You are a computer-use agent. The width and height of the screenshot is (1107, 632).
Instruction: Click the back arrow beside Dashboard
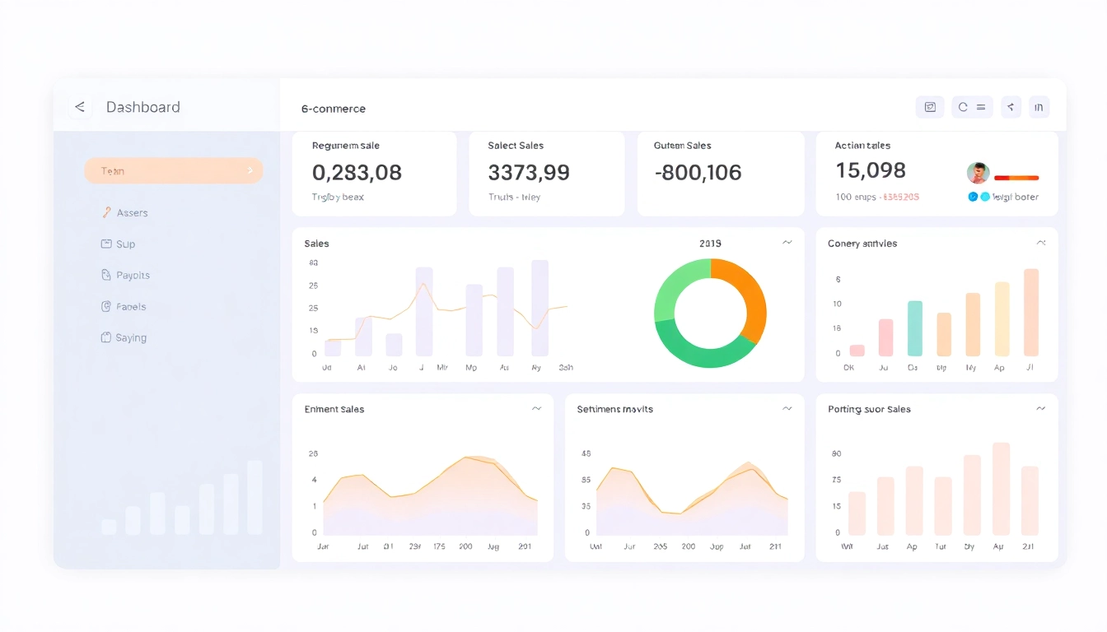point(80,107)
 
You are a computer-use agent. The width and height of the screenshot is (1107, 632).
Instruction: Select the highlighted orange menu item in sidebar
point(173,170)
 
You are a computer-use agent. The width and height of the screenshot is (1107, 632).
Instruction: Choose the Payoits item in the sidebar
point(133,276)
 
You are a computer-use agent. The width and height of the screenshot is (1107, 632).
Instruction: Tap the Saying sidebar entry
point(130,338)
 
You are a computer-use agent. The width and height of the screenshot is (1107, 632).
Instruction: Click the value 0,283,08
point(357,173)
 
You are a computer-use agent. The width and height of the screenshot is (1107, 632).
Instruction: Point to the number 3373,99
point(528,173)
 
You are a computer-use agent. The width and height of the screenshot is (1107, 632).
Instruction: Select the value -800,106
point(698,173)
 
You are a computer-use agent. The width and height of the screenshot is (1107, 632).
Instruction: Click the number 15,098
point(870,170)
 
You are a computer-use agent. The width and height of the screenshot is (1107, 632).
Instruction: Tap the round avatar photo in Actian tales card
point(978,173)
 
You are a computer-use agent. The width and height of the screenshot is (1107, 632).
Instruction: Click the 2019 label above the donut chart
point(710,244)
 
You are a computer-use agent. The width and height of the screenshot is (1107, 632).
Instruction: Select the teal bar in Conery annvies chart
point(914,328)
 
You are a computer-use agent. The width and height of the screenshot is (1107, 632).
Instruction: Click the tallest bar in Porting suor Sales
point(1001,489)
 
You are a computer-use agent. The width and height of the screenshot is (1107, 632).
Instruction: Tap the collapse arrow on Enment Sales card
point(536,408)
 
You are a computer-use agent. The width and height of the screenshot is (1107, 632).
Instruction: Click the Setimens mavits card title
point(614,409)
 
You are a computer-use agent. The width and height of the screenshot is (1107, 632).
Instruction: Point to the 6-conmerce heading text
point(334,109)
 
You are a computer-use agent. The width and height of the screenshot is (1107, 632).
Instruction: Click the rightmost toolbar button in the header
point(1039,107)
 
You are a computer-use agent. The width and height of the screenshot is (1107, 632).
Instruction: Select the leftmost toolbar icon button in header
point(930,107)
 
